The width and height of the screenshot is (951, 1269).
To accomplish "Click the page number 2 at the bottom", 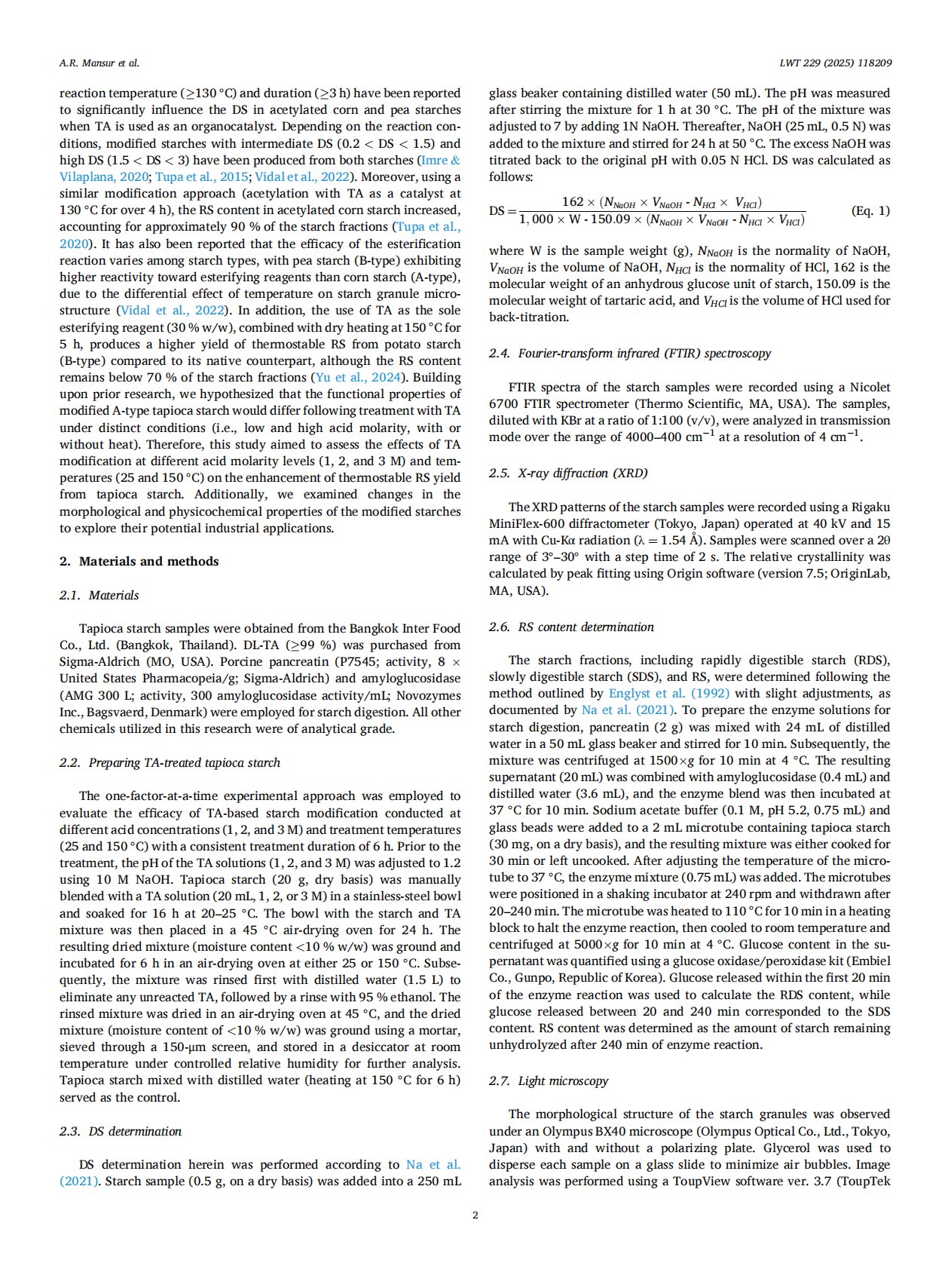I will click(475, 1215).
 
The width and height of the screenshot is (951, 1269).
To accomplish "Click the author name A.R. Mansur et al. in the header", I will click(99, 63).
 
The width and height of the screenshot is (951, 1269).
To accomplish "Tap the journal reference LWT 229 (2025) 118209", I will click(835, 63).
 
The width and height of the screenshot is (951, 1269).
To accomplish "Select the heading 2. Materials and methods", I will click(139, 561).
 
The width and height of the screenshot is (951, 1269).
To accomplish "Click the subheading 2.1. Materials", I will click(99, 595).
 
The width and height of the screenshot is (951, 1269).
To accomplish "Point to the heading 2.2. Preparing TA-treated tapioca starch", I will click(170, 762).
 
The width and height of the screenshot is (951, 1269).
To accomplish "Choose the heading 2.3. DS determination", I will click(121, 1131).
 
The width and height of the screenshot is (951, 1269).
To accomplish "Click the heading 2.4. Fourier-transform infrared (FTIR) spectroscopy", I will click(629, 353).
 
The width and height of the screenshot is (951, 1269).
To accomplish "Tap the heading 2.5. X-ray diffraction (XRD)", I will click(567, 473).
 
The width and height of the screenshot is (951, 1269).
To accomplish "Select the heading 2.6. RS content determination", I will click(571, 627).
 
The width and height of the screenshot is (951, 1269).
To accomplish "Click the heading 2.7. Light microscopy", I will click(548, 1080).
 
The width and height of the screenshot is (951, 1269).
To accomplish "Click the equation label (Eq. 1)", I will click(870, 210).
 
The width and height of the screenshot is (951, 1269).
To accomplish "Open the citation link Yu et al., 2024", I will click(358, 377).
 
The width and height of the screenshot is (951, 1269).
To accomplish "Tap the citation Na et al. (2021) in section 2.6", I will click(628, 710).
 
